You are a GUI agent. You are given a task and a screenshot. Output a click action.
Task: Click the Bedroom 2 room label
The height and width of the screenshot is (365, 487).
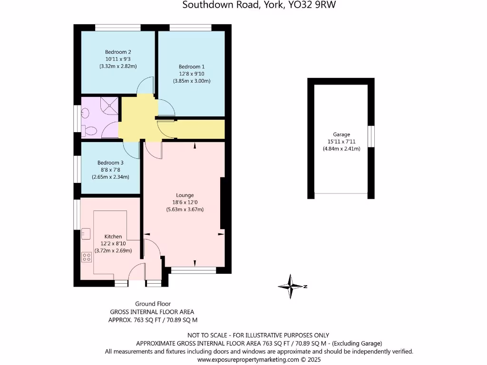point(118,52)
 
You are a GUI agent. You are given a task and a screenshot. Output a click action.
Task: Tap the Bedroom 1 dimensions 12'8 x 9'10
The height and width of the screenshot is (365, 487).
point(192,74)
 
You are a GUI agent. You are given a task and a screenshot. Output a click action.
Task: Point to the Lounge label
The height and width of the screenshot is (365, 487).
point(185,195)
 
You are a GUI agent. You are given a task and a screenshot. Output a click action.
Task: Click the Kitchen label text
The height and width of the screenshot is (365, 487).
point(113,236)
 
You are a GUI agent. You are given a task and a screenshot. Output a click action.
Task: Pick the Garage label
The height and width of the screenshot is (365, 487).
point(341,134)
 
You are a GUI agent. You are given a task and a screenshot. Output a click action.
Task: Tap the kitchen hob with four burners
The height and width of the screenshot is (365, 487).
point(87,257)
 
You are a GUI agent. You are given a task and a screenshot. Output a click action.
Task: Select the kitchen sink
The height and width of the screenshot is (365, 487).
point(86,233)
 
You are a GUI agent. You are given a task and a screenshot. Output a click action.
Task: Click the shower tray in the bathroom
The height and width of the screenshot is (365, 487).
point(110,106)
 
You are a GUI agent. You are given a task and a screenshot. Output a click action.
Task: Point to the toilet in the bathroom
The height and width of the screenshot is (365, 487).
point(89,130)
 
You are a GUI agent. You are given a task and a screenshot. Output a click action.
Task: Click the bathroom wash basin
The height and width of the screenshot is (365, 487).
point(86,113)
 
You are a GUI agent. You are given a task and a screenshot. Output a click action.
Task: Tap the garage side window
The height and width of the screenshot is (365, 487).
point(371,135)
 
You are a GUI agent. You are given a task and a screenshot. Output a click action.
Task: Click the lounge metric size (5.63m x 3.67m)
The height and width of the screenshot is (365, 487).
point(185,209)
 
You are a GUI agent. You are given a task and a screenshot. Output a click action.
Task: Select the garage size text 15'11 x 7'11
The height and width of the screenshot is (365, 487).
point(341,142)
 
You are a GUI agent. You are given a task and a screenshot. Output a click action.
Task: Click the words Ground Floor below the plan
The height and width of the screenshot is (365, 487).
point(153,304)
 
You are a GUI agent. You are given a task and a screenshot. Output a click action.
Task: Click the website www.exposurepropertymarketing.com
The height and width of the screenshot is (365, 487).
point(248,360)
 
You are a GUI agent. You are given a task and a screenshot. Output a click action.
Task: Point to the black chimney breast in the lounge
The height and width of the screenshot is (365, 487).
point(222,203)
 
